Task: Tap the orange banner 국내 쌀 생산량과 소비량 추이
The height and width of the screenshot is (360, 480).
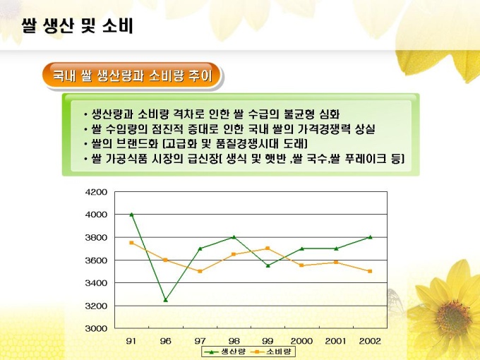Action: click(132, 76)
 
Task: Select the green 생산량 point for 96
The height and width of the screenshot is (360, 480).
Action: click(166, 300)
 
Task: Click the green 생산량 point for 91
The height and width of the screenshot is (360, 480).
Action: click(131, 214)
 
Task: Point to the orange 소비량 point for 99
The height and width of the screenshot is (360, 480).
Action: click(268, 248)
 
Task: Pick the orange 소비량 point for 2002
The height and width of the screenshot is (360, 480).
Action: click(370, 271)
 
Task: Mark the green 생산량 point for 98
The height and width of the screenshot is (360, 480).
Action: click(234, 237)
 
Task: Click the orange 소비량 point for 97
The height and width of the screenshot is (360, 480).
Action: click(200, 271)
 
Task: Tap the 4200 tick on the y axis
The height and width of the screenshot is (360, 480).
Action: click(96, 191)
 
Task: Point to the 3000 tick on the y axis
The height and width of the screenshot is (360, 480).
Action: click(96, 328)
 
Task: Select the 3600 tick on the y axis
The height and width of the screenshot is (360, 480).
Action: click(96, 260)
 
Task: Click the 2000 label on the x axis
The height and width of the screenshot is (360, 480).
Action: click(301, 341)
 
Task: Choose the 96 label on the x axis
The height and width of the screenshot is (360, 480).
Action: click(166, 341)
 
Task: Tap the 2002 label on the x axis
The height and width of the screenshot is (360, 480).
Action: click(370, 341)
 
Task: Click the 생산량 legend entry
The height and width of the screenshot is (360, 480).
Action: click(225, 350)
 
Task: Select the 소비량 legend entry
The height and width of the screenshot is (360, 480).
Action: click(275, 350)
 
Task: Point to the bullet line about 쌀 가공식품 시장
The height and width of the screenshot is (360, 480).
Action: click(243, 160)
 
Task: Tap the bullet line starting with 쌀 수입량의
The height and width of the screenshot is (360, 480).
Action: click(229, 129)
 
